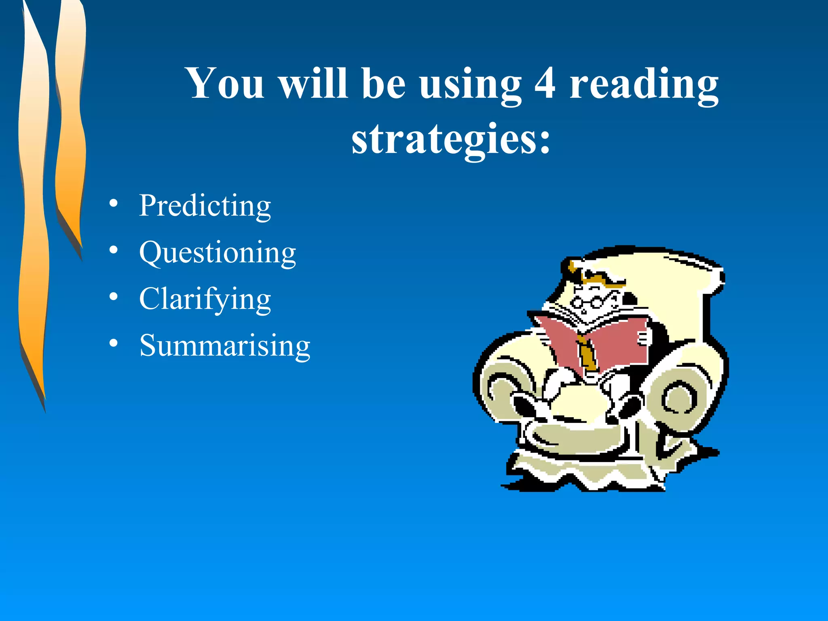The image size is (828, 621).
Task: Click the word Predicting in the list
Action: click(205, 206)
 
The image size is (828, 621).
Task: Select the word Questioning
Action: click(218, 253)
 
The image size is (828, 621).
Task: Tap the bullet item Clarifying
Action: click(205, 299)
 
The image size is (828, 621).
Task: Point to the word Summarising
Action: click(225, 346)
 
